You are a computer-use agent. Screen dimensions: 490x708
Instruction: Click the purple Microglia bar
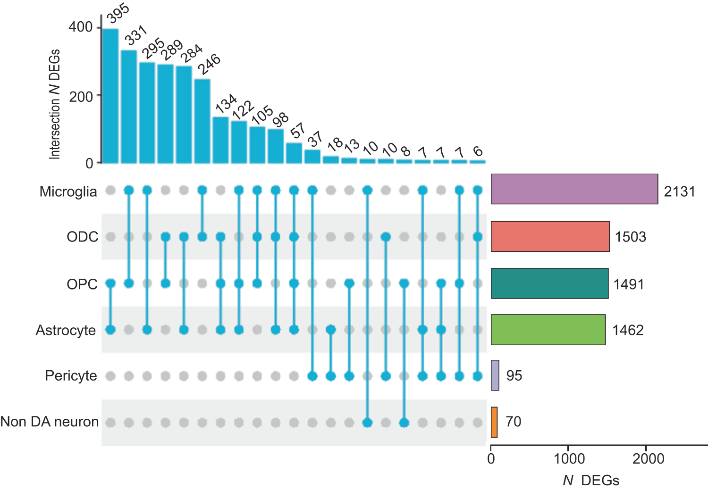coord(574,189)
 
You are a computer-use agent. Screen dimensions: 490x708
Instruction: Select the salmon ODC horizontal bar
coord(550,236)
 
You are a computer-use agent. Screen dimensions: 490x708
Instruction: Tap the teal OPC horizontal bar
coord(549,283)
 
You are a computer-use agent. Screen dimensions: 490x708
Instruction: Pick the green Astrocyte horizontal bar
coord(548,330)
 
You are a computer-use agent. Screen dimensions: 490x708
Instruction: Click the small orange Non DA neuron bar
coord(494,422)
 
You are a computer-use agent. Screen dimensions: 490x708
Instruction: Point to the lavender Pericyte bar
coord(495,375)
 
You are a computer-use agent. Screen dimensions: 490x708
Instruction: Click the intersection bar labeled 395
coord(110,96)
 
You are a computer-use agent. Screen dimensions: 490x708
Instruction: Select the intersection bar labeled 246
coord(202,121)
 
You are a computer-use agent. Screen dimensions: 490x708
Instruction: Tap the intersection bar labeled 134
coord(220,140)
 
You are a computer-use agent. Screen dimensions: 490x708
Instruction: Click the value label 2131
coord(679,191)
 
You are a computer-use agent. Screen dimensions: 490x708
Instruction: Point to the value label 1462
coord(628,330)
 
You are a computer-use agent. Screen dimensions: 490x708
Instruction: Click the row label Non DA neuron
coord(50,422)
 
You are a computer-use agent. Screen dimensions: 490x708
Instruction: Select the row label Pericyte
coord(71,376)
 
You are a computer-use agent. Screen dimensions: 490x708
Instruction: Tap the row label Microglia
coord(68,192)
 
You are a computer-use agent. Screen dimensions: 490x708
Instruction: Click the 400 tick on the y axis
coord(81,27)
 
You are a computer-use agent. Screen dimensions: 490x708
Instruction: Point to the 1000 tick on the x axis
coord(569,459)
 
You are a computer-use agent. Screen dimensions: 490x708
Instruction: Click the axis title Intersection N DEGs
coord(55,104)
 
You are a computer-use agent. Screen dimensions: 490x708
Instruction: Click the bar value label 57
coord(297,131)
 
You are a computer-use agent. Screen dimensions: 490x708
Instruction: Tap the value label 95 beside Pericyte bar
coord(514,376)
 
